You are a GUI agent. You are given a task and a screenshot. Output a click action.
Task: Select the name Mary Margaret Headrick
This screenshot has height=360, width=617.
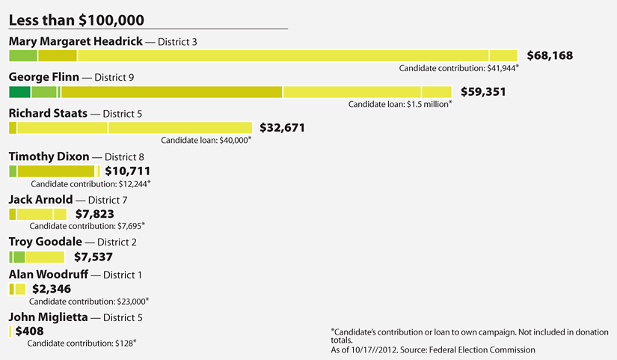pyautogui.click(x=75, y=41)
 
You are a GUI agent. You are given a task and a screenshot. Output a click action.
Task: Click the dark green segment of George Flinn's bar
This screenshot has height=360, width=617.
pyautogui.click(x=19, y=92)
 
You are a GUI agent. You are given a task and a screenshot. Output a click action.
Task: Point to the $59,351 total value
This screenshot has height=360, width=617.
pyautogui.click(x=484, y=92)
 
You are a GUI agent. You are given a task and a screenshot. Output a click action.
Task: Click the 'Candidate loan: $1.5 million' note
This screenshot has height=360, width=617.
pyautogui.click(x=399, y=104)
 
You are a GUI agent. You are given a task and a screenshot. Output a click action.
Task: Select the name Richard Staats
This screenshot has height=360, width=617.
pyautogui.click(x=47, y=114)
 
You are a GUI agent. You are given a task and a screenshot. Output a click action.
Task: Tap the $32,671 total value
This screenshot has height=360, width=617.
pyautogui.click(x=282, y=128)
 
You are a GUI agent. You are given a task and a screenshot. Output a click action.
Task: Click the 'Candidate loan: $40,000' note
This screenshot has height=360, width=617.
pyautogui.click(x=206, y=139)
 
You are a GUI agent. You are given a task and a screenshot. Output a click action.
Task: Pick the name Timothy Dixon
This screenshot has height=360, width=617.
pyautogui.click(x=49, y=156)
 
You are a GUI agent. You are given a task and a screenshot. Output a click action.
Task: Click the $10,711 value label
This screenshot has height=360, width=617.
pyautogui.click(x=129, y=171)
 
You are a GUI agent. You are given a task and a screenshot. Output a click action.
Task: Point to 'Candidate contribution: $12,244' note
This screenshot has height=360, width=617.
pyautogui.click(x=90, y=183)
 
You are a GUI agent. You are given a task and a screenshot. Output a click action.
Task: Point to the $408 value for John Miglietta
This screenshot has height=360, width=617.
pyautogui.click(x=29, y=331)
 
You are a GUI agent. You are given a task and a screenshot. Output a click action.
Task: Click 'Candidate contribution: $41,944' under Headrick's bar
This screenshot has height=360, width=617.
pyautogui.click(x=459, y=68)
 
